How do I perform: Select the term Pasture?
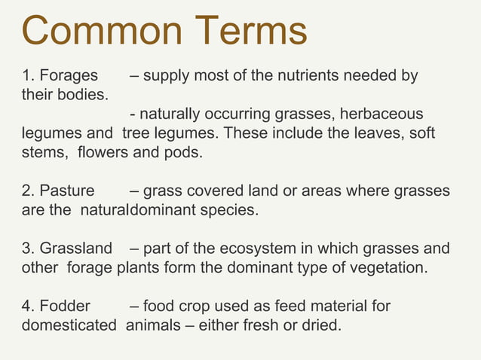pyautogui.click(x=67, y=191)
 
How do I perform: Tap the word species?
pyautogui.click(x=231, y=210)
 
